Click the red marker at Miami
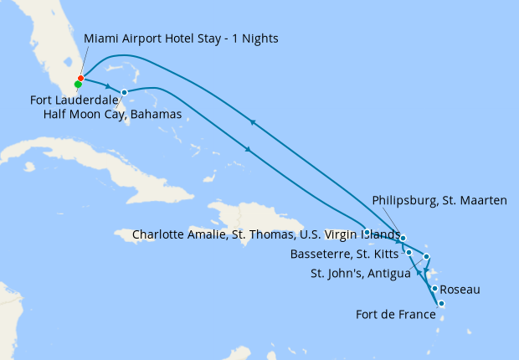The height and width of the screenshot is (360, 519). (80, 78)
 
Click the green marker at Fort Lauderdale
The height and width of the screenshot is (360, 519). (77, 85)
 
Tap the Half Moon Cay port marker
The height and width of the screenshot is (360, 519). (124, 92)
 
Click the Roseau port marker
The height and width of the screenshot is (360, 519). (434, 289)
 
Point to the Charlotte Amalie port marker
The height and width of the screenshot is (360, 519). (367, 232)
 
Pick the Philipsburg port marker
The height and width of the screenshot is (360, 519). (403, 239)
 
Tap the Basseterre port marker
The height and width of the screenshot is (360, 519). (409, 252)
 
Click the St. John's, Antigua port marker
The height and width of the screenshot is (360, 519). (427, 256)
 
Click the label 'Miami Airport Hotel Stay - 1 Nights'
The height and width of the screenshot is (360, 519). (181, 39)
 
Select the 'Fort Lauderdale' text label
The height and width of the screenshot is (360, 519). (74, 100)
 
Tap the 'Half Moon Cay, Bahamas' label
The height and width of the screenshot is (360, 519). (111, 114)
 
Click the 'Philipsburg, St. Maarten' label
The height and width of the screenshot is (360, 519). (439, 201)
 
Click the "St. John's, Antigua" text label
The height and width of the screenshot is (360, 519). (360, 273)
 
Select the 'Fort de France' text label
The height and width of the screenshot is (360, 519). (395, 316)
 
